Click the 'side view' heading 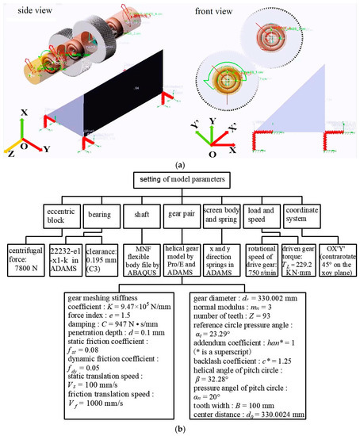click(30, 8)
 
